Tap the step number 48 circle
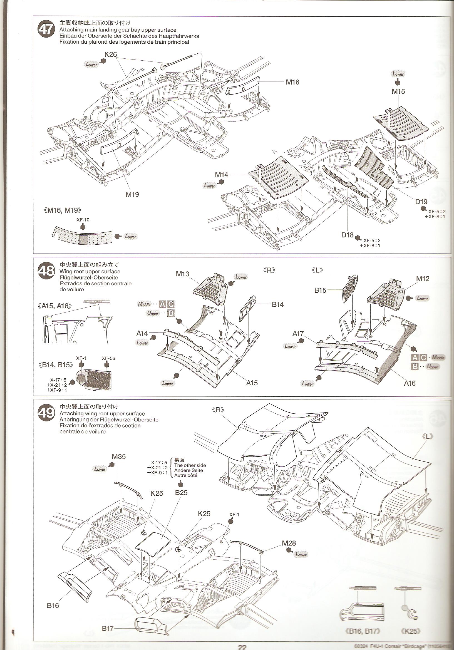[46, 271]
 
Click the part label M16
[292, 82]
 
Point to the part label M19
[132, 195]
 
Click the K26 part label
[110, 54]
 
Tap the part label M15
[398, 91]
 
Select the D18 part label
[347, 235]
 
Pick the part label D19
[421, 202]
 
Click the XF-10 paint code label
[83, 220]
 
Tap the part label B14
[277, 305]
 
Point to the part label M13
[182, 274]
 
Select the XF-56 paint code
[108, 358]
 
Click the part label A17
[298, 334]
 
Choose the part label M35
[119, 456]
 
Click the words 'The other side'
[190, 465]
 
